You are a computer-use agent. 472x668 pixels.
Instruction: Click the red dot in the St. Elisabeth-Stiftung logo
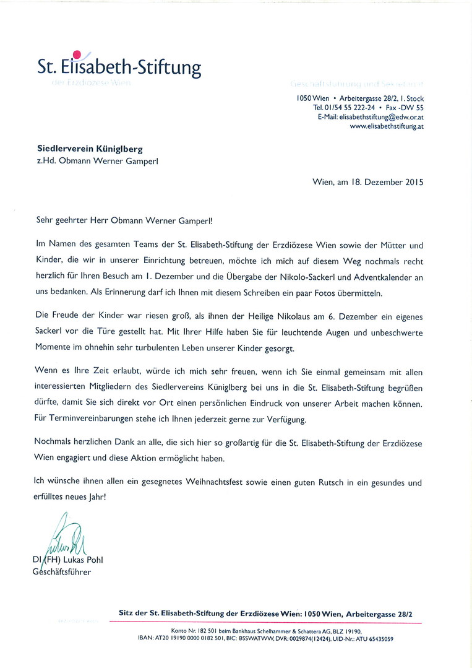[77, 54]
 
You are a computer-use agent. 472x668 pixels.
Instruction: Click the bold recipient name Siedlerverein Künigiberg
[90, 149]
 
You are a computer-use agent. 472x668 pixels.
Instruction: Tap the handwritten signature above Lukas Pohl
[62, 538]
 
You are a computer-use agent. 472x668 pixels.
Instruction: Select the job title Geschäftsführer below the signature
[62, 572]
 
